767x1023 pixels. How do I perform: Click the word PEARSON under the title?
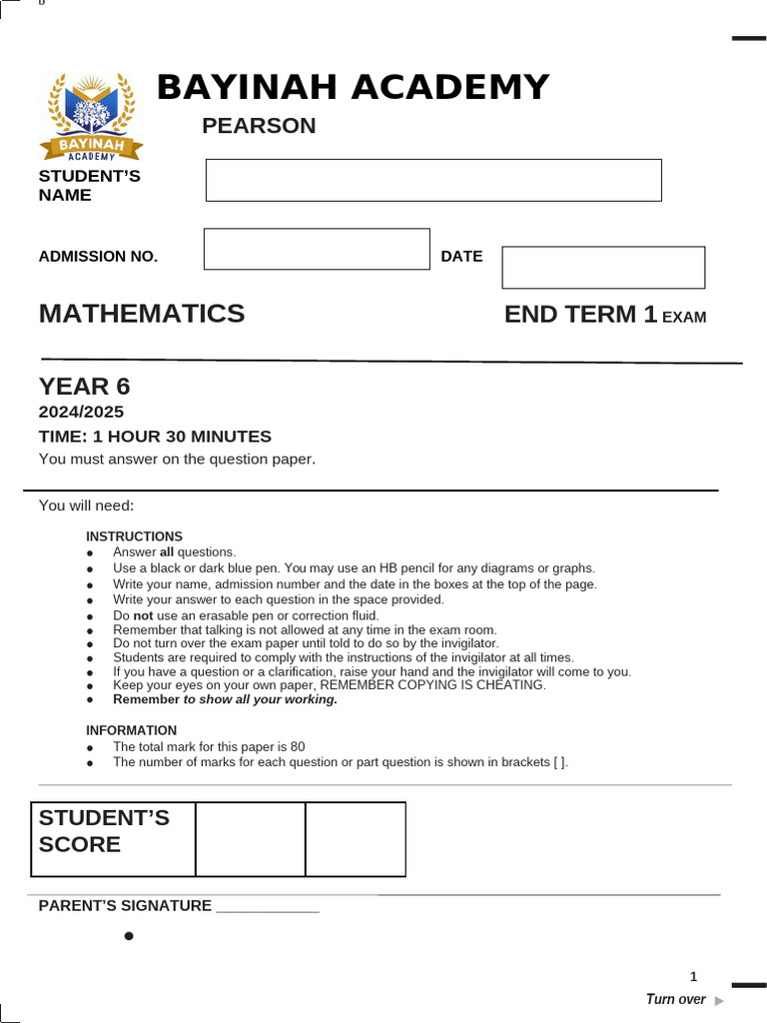pos(259,126)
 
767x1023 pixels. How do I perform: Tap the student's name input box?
pos(433,180)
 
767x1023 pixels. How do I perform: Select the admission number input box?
pos(317,249)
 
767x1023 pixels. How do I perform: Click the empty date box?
pos(603,268)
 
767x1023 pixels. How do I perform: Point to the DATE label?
pos(461,257)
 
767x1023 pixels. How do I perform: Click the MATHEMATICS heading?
pos(142,314)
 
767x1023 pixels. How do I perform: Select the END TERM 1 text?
pos(580,315)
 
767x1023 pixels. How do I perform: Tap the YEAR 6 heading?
pos(85,387)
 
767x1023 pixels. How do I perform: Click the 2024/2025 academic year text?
pos(82,412)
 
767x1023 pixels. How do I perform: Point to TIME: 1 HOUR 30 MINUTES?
pos(155,437)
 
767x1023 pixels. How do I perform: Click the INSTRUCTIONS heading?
pos(134,536)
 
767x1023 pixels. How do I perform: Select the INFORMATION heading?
pos(131,730)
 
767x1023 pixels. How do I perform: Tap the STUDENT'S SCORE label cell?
pos(113,838)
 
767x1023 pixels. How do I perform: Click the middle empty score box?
pos(251,839)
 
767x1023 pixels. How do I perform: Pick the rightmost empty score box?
pos(356,839)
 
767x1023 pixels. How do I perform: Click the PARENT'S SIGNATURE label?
pos(125,906)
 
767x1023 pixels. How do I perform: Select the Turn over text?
pos(676,999)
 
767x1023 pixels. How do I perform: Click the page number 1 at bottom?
pos(693,977)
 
